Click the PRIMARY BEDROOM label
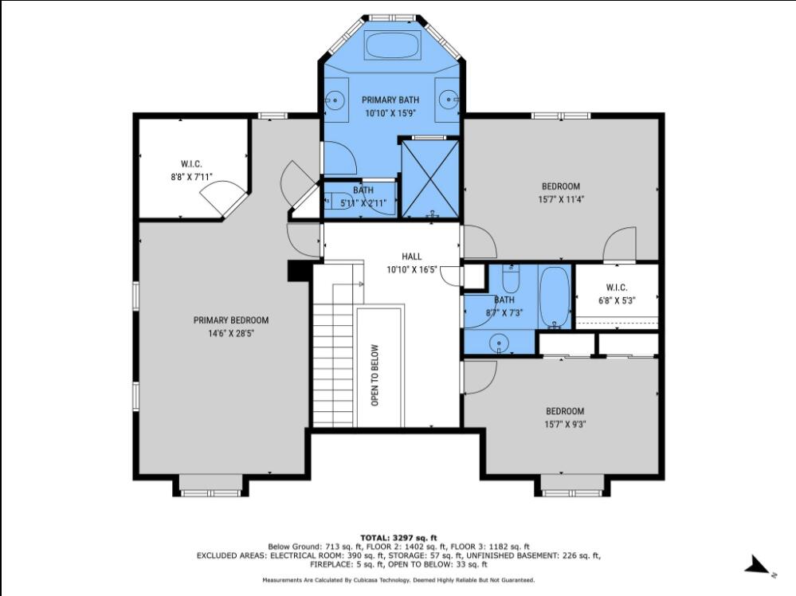click(231, 320)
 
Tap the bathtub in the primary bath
click(393, 45)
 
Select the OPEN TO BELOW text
click(375, 375)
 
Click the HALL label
click(412, 257)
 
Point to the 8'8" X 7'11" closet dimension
click(191, 177)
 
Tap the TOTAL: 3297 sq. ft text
click(398, 538)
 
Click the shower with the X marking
click(430, 179)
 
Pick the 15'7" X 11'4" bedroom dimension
click(560, 199)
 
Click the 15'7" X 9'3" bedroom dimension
click(565, 425)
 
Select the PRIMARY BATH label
click(390, 100)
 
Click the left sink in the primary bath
click(335, 100)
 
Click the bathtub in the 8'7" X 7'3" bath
click(554, 297)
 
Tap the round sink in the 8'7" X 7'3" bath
click(499, 343)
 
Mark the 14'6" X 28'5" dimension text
click(231, 334)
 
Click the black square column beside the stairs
click(299, 271)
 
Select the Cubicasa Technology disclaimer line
click(398, 580)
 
